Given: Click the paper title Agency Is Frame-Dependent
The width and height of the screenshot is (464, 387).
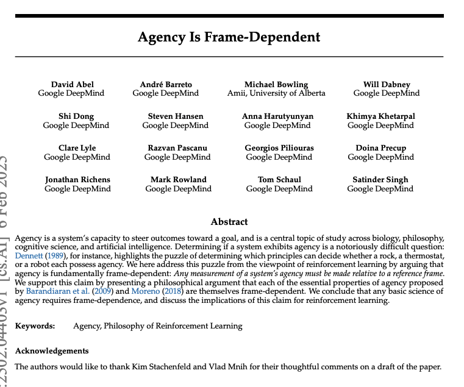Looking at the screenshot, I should point(229,37).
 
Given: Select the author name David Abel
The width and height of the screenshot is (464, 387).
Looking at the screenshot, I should point(73,84).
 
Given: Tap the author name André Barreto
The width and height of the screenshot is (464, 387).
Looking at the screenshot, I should point(166,84).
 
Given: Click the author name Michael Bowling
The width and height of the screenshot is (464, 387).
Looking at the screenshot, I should point(276,84).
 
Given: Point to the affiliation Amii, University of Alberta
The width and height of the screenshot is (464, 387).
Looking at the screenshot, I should point(276,93).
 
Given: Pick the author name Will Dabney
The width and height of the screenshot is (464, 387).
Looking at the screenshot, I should point(387,84).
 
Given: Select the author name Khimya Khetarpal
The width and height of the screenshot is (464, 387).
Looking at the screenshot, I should point(380,116).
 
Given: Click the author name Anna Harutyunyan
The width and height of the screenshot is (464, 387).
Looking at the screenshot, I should point(277,116).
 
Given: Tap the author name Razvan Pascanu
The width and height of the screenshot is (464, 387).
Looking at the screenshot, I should point(177,147).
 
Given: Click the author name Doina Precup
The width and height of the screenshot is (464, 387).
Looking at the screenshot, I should point(380,147).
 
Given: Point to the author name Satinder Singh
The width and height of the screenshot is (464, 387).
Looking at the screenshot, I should point(380,179).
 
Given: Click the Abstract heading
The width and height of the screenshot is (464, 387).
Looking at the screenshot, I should point(229,222).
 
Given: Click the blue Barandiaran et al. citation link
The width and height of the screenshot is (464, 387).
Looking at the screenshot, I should point(59,291).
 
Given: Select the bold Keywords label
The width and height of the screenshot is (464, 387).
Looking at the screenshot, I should point(35,326).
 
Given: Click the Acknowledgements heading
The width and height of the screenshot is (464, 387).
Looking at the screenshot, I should point(52,351).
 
